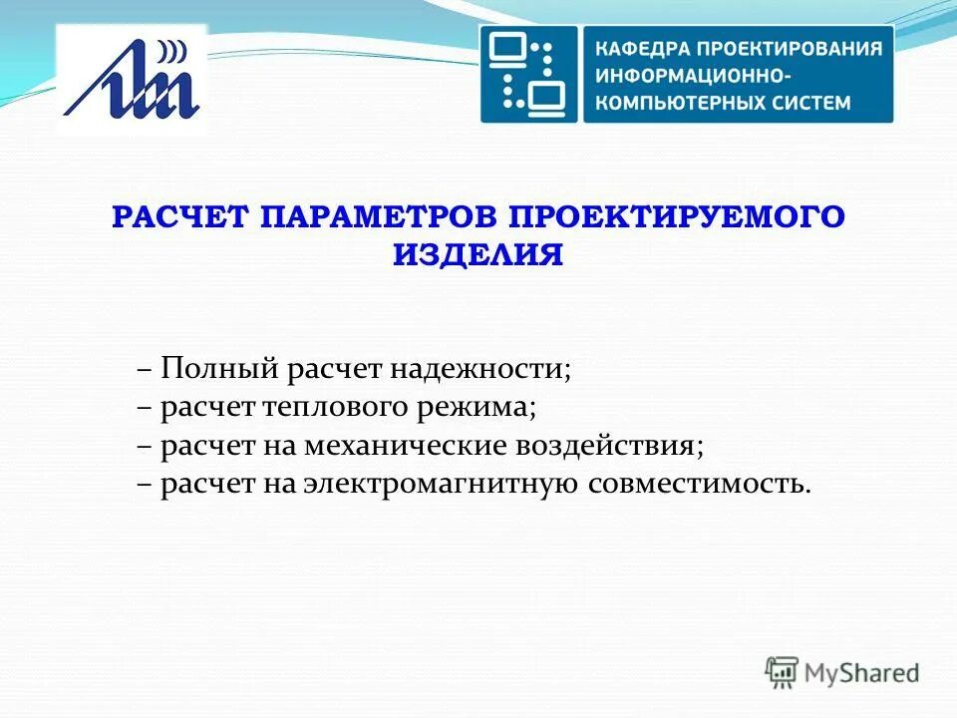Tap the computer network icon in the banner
pos(529,75)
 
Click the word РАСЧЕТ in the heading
pos(181,217)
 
